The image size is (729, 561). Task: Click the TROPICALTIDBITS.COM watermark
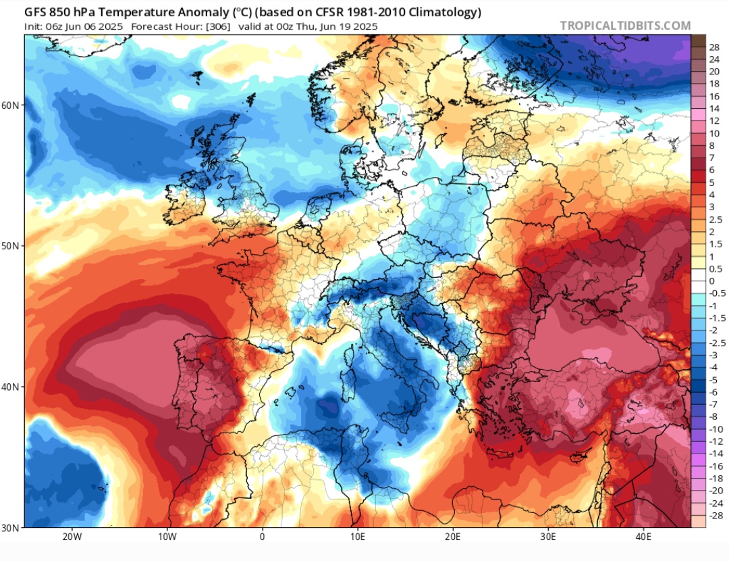coord(625,26)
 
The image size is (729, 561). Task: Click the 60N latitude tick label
coord(11,105)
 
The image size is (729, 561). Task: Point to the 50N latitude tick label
coord(11,245)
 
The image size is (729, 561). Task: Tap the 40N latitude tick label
coord(11,387)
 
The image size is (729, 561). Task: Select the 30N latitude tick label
coord(11,527)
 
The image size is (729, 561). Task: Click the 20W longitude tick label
coord(72,538)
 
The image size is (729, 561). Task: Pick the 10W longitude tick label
coord(167,538)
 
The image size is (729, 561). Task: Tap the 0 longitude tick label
coord(262,538)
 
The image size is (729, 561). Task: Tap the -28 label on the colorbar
coord(714,515)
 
